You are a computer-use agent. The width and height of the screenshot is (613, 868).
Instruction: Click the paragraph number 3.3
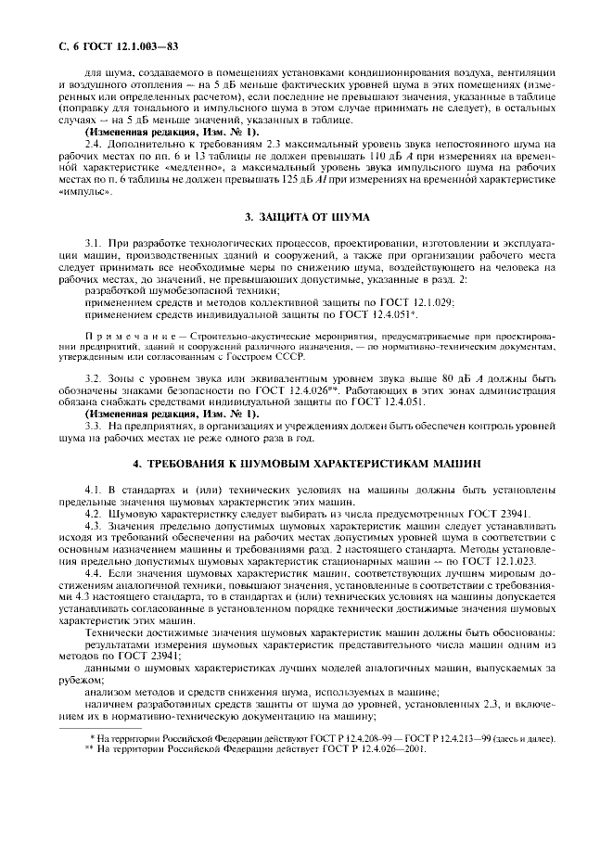(x=93, y=425)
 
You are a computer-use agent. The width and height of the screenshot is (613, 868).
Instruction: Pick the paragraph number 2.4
(x=93, y=144)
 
